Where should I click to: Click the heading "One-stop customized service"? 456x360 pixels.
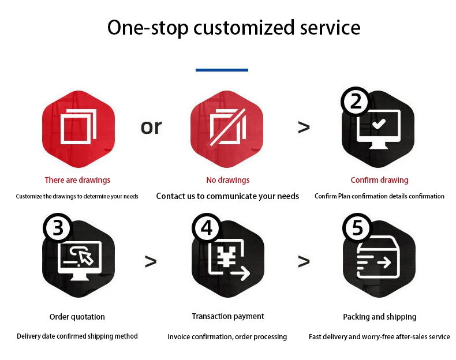[x=234, y=28]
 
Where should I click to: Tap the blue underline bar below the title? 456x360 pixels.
[x=222, y=70]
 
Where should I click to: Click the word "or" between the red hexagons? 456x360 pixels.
[x=151, y=127]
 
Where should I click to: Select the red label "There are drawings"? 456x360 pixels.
[x=77, y=180]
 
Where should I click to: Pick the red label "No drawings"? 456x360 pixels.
[x=228, y=180]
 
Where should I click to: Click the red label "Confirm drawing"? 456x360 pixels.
[x=379, y=180]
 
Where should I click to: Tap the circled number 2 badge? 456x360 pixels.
[x=356, y=102]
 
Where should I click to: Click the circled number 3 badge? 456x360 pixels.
[x=58, y=228]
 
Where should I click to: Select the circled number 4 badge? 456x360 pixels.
[x=207, y=228]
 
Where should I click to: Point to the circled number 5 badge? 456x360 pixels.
[x=357, y=228]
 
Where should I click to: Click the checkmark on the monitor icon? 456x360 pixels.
[x=379, y=125]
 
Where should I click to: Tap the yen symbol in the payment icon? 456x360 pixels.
[x=226, y=257]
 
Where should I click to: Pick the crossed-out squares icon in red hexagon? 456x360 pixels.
[x=228, y=127]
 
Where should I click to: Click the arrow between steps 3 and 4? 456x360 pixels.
[x=151, y=261]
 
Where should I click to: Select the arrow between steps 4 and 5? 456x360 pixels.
[x=304, y=261]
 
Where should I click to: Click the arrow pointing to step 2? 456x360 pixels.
[x=304, y=127]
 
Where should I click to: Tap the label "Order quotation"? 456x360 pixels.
[x=77, y=317]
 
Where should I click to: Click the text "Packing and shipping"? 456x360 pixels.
[x=379, y=317]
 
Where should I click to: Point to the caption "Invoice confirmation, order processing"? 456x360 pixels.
[x=227, y=337]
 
